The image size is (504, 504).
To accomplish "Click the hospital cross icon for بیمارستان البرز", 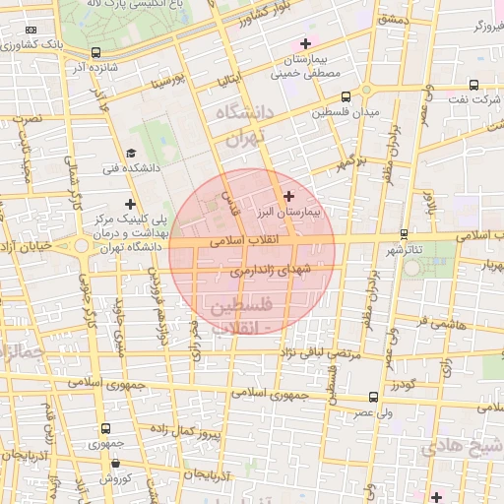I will [288, 197].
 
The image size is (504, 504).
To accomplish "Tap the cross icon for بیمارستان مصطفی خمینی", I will [305, 44].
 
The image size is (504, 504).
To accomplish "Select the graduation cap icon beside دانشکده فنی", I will [131, 154].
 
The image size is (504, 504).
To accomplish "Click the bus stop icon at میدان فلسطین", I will [346, 97].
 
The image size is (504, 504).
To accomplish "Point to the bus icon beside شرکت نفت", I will [473, 85].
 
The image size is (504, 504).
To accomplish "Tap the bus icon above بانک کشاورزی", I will [94, 53].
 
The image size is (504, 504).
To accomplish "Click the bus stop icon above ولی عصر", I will [372, 397].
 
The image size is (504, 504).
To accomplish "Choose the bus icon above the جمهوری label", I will [105, 428].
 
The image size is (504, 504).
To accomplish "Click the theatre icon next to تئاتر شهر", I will [405, 234].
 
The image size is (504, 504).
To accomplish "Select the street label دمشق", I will [392, 20].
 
